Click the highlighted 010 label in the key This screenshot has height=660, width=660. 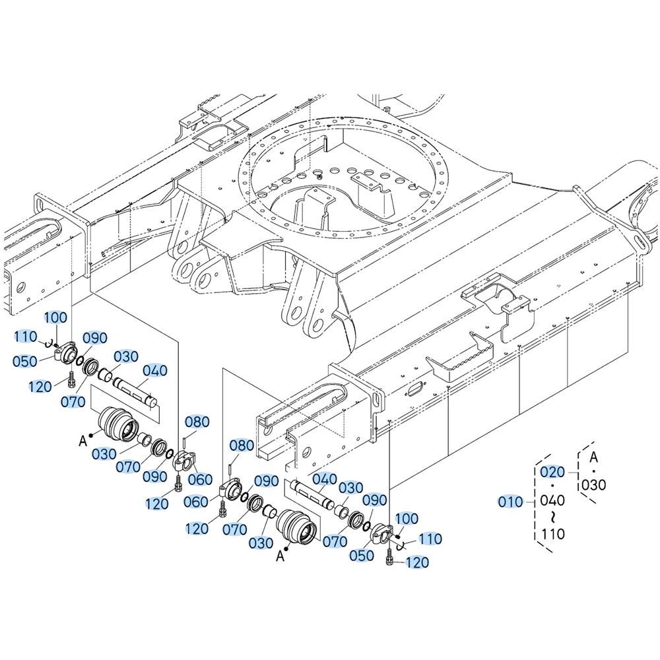(x=510, y=502)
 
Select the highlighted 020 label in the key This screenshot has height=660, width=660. (x=552, y=472)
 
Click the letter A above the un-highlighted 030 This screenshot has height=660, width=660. (x=593, y=457)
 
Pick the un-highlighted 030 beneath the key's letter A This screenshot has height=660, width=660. (x=594, y=485)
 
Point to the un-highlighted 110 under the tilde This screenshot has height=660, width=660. (x=552, y=534)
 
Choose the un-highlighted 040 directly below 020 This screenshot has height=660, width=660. (x=552, y=500)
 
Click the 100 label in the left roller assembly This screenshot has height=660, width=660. (x=56, y=317)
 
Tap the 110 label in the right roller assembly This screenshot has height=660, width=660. (x=430, y=539)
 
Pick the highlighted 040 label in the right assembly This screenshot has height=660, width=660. (x=325, y=479)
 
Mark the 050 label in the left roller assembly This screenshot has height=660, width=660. (x=25, y=361)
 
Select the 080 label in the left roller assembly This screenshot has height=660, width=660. (x=197, y=422)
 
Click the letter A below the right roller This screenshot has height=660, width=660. (x=280, y=556)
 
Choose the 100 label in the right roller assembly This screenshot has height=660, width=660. (x=407, y=519)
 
